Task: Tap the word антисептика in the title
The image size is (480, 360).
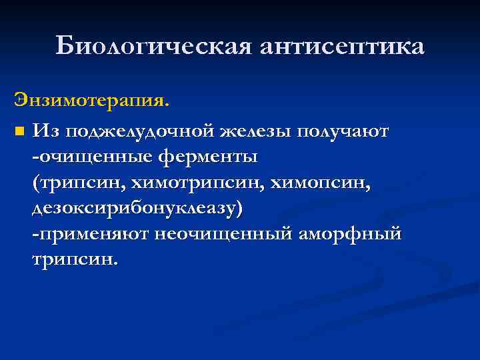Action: coord(343,47)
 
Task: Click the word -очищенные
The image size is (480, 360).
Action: coord(91,157)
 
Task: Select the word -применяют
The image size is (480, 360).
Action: coord(91,234)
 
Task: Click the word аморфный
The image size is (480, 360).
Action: coord(351,234)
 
